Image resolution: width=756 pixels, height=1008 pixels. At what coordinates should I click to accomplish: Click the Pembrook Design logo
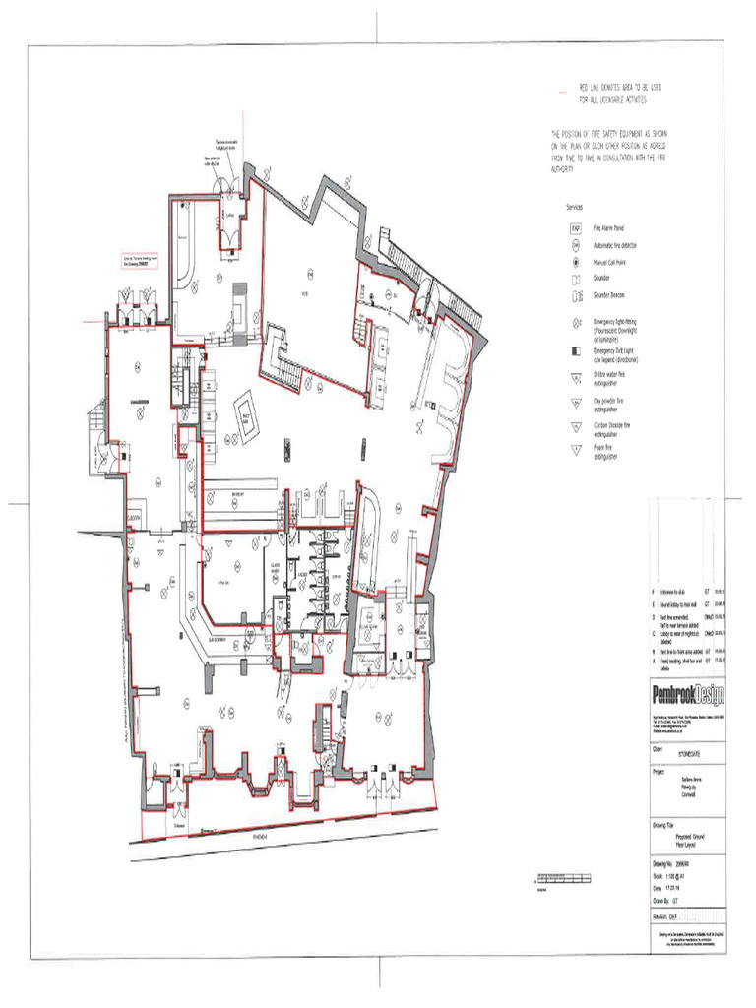coord(688,695)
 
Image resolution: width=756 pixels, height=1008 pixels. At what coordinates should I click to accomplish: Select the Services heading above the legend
coord(574,208)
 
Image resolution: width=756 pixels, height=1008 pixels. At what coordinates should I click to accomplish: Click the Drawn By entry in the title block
coord(671,900)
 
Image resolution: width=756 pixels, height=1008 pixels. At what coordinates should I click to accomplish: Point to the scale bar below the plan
coord(563,875)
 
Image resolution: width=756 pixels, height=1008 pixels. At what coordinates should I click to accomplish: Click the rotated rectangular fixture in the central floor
coord(244,417)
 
